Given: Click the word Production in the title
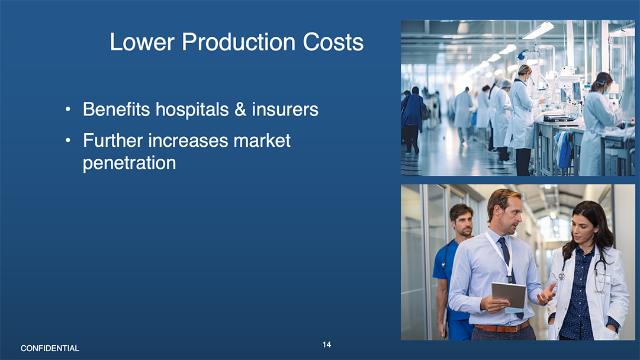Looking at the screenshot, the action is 239,42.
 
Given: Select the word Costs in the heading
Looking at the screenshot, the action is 333,42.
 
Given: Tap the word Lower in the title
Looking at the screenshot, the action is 142,42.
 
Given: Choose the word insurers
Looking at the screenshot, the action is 285,110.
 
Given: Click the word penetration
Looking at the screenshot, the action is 130,163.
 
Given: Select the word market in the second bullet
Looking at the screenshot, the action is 262,141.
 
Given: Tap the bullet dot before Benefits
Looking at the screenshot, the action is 67,110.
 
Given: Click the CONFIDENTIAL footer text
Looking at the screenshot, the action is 50,349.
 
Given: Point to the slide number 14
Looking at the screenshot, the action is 327,345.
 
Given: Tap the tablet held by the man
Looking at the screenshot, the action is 509,295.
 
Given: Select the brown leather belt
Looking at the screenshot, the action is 502,327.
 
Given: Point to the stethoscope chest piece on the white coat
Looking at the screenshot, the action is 562,277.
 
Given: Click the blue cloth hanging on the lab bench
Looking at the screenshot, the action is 565,149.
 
